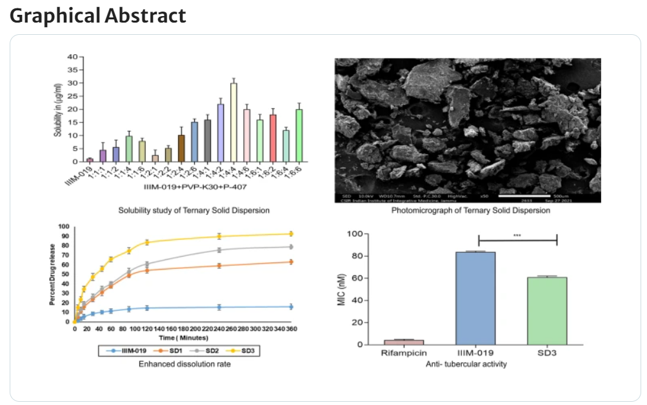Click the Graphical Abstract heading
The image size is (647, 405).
pos(98,15)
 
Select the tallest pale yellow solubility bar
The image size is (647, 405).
pos(234,123)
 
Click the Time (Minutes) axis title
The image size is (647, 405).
pos(184,337)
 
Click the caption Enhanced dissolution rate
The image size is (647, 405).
pos(184,364)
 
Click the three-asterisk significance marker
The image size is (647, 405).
pos(517,235)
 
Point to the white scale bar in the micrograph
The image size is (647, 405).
pos(525,194)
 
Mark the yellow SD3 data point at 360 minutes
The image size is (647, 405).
pos(291,233)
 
